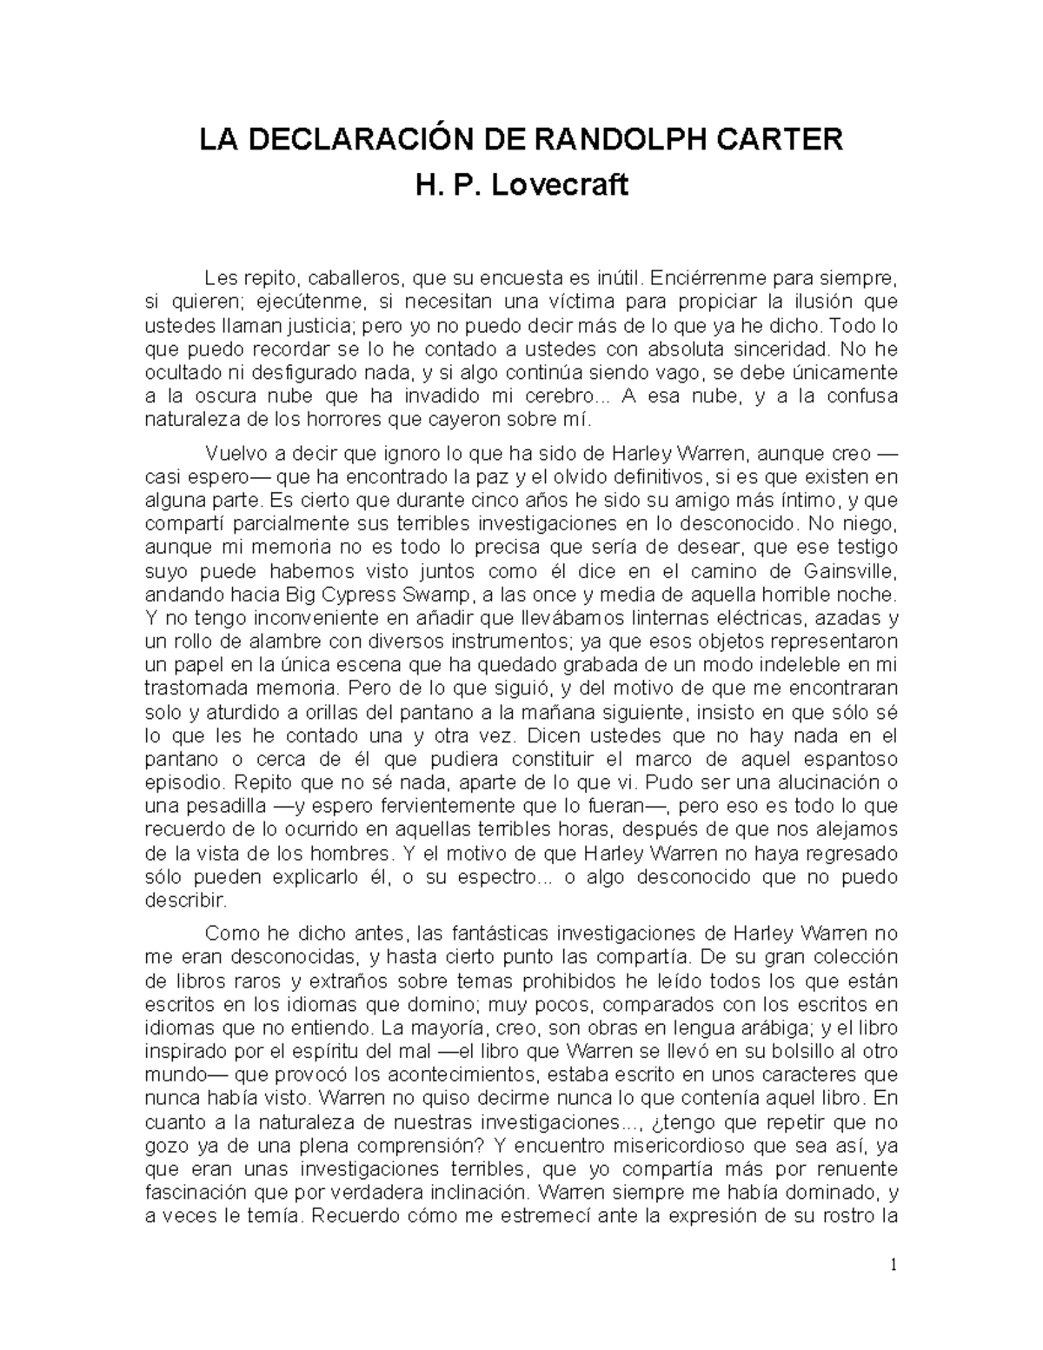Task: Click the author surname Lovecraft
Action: [560, 184]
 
